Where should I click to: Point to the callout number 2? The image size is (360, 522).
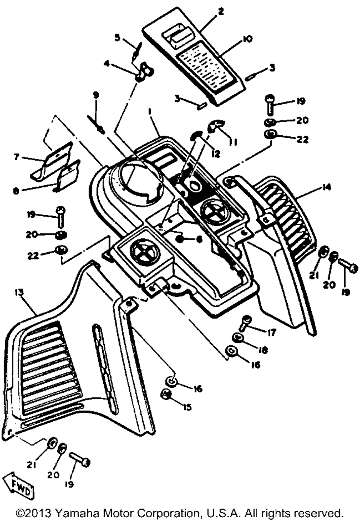click(221, 12)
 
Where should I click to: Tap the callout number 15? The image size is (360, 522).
click(187, 407)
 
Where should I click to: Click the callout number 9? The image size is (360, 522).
click(96, 95)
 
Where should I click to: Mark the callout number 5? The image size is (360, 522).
click(117, 37)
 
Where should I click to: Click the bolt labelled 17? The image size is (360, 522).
click(245, 323)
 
